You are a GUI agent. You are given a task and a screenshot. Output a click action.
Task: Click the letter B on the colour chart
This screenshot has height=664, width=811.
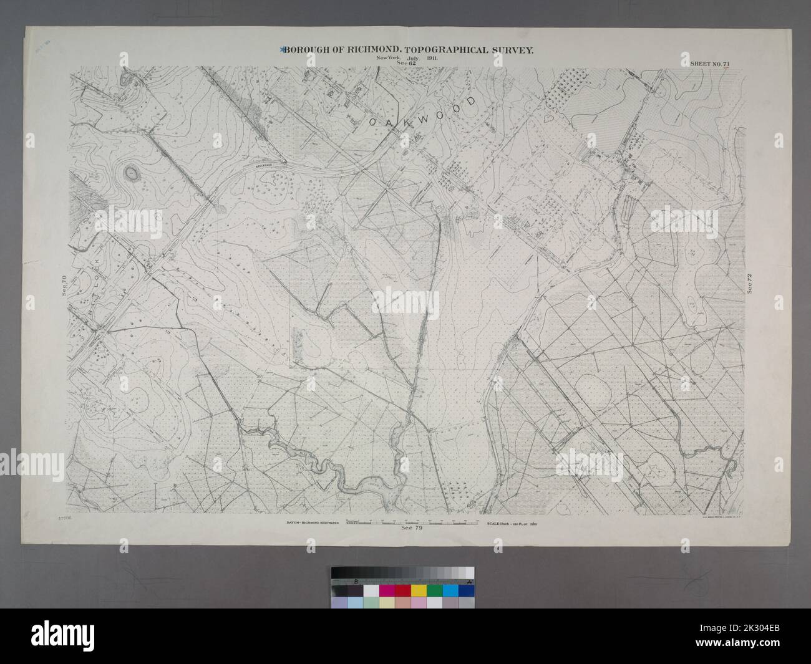[356, 581]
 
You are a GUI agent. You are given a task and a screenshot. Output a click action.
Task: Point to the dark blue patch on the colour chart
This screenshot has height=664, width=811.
[465, 590]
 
